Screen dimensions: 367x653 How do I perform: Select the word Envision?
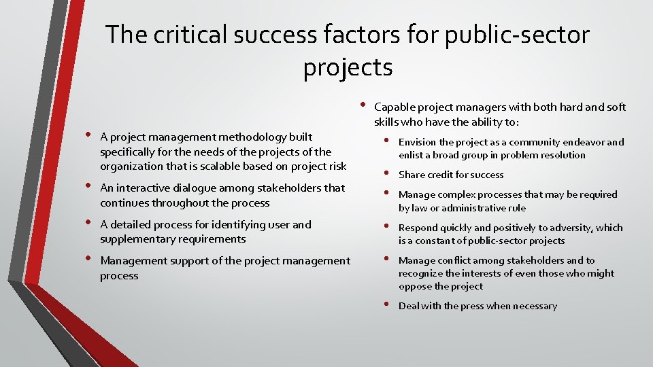[x=418, y=142]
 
